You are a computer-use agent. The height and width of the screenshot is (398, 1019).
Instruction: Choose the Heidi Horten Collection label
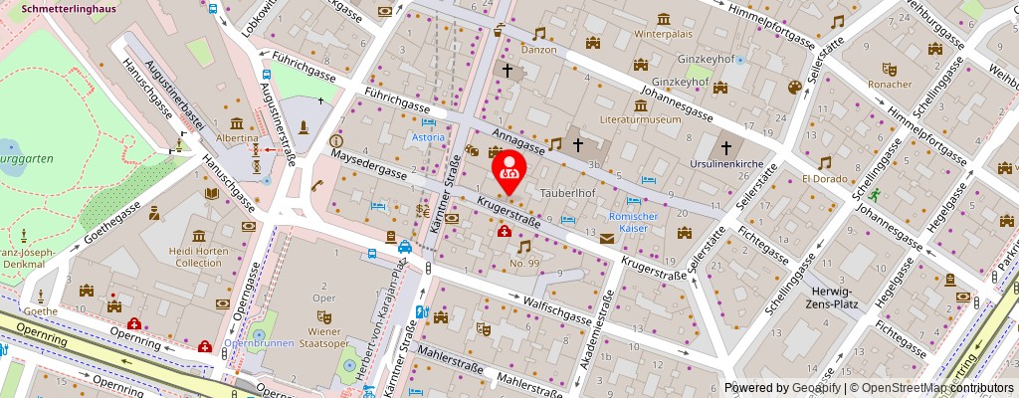[197, 257]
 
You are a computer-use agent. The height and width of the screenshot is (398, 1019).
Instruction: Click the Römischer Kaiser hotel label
[628, 222]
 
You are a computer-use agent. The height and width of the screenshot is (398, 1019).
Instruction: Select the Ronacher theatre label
[890, 85]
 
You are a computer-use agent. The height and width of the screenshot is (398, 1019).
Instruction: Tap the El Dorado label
[824, 180]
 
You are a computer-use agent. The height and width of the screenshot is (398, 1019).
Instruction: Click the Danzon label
[539, 48]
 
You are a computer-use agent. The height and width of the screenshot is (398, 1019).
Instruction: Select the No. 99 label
[523, 264]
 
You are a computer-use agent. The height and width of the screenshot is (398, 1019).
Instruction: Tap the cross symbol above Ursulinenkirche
[725, 146]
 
